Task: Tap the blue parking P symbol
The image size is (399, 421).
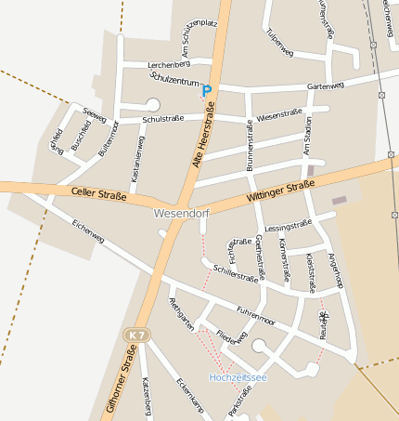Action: [x=207, y=91]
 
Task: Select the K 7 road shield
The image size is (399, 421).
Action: [x=137, y=334]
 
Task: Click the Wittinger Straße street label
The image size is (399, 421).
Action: [x=281, y=192]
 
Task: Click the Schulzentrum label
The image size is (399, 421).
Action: [x=174, y=82]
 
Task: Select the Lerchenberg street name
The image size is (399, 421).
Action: [x=168, y=63]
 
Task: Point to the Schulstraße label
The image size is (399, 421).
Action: [x=163, y=119]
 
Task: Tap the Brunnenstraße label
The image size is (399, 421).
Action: [x=251, y=148]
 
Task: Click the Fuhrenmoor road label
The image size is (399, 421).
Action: [x=256, y=315]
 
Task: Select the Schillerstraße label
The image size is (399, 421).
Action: [x=236, y=272]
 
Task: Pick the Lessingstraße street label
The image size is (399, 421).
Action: [x=288, y=225]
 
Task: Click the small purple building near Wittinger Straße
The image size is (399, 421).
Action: [x=340, y=200]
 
